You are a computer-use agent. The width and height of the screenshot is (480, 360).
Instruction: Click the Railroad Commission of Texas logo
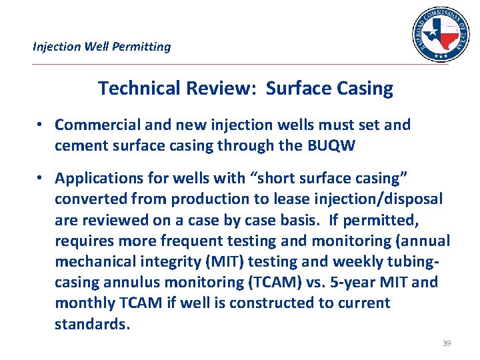click(x=439, y=33)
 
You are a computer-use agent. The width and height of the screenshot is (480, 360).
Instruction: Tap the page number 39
click(x=447, y=343)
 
